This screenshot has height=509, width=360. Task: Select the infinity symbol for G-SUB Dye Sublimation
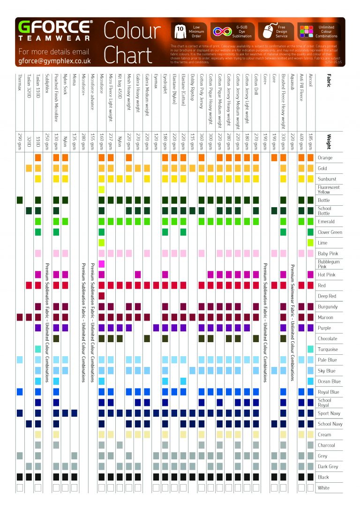pyautogui.click(x=220, y=31)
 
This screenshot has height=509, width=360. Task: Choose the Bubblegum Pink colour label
pyautogui.click(x=329, y=264)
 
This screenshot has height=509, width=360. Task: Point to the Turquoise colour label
pyautogui.click(x=328, y=349)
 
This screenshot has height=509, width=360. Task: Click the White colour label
pyautogui.click(x=324, y=488)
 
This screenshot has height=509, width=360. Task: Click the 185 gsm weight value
pyautogui.click(x=310, y=140)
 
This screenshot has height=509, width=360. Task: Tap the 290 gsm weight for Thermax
pyautogui.click(x=20, y=140)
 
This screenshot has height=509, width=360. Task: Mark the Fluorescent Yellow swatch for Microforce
pyautogui.click(x=101, y=189)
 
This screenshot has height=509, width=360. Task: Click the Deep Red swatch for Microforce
pyautogui.click(x=101, y=296)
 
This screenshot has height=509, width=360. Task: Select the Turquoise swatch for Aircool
pyautogui.click(x=310, y=349)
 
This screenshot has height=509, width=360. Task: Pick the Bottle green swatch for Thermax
pyautogui.click(x=20, y=200)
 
